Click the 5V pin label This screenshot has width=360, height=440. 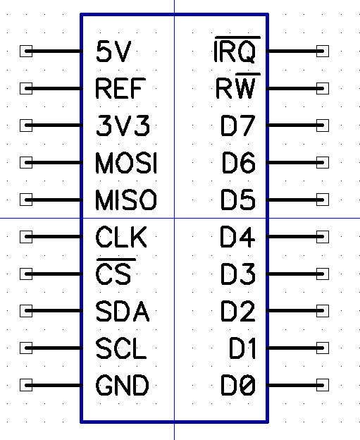pyautogui.click(x=113, y=51)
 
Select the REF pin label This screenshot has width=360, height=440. pyautogui.click(x=120, y=88)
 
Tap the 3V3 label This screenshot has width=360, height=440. pyautogui.click(x=123, y=126)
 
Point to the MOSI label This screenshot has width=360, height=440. pyautogui.click(x=126, y=163)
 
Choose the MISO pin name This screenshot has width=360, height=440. pyautogui.click(x=126, y=200)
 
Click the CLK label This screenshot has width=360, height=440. pyautogui.click(x=121, y=237)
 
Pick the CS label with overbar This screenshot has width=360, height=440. pyautogui.click(x=116, y=271)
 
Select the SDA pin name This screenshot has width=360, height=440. pyautogui.click(x=123, y=311)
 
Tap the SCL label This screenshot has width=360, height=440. pyautogui.click(x=121, y=348)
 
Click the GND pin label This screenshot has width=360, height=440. pyautogui.click(x=123, y=385)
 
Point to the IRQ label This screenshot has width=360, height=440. pyautogui.click(x=237, y=49)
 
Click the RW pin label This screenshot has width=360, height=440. pyautogui.click(x=237, y=86)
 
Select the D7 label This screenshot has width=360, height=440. pyautogui.click(x=238, y=126)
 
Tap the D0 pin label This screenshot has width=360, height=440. pyautogui.click(x=238, y=385)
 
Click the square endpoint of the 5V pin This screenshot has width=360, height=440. pyautogui.click(x=26, y=51)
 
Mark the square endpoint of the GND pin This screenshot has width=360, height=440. pyautogui.click(x=26, y=385)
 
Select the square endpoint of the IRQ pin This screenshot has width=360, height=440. pyautogui.click(x=323, y=51)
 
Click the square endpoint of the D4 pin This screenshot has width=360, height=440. pyautogui.click(x=323, y=237)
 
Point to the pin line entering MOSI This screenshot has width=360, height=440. pyautogui.click(x=54, y=162)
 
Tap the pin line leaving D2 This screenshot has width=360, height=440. pyautogui.click(x=295, y=311)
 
